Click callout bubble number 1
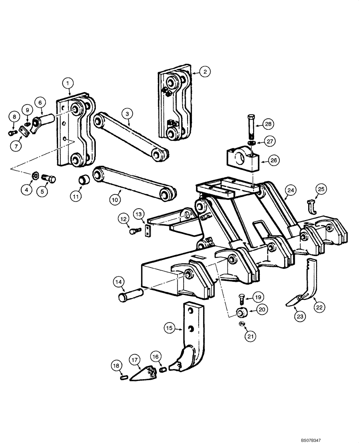click(x=67, y=82)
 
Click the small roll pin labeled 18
click(x=125, y=377)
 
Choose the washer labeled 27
click(x=251, y=143)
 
